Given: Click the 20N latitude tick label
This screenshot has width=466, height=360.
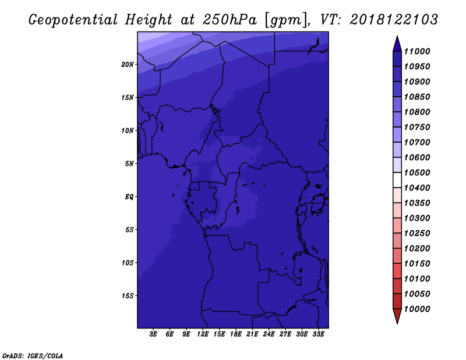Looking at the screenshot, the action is coord(128,65).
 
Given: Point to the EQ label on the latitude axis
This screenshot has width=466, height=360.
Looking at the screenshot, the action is coord(129,197).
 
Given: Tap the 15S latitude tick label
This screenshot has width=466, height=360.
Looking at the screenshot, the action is coord(128,296).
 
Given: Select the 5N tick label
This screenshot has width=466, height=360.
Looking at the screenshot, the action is coord(129,164).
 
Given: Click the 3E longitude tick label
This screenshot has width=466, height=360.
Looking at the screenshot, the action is coord(153,334).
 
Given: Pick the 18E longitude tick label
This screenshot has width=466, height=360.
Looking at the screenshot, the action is coord(236,334).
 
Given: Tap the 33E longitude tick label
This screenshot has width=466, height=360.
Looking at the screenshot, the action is coord(318,334).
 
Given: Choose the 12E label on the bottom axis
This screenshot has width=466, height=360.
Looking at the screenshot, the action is coord(203,334).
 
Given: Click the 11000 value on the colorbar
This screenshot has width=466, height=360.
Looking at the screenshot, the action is coord(417,51).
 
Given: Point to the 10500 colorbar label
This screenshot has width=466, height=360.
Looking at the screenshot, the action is coord(417,172).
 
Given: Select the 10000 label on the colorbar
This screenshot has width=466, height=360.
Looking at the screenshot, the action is coord(417,309).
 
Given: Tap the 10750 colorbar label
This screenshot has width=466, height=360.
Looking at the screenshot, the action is coord(417,127).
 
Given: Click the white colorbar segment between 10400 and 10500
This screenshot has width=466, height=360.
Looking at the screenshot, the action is coord(397,180).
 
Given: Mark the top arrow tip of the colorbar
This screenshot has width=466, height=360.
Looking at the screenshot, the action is coord(397,36).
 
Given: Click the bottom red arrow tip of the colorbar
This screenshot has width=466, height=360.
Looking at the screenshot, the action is coord(397,323).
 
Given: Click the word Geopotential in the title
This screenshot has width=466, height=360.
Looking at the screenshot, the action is coord(73,20).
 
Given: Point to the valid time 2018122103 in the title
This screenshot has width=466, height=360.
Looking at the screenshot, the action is coord(394,20).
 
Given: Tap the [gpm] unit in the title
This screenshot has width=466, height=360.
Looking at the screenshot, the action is coord(286,20).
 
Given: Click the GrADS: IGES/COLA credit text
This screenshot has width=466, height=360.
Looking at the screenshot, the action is coord(33,356).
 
